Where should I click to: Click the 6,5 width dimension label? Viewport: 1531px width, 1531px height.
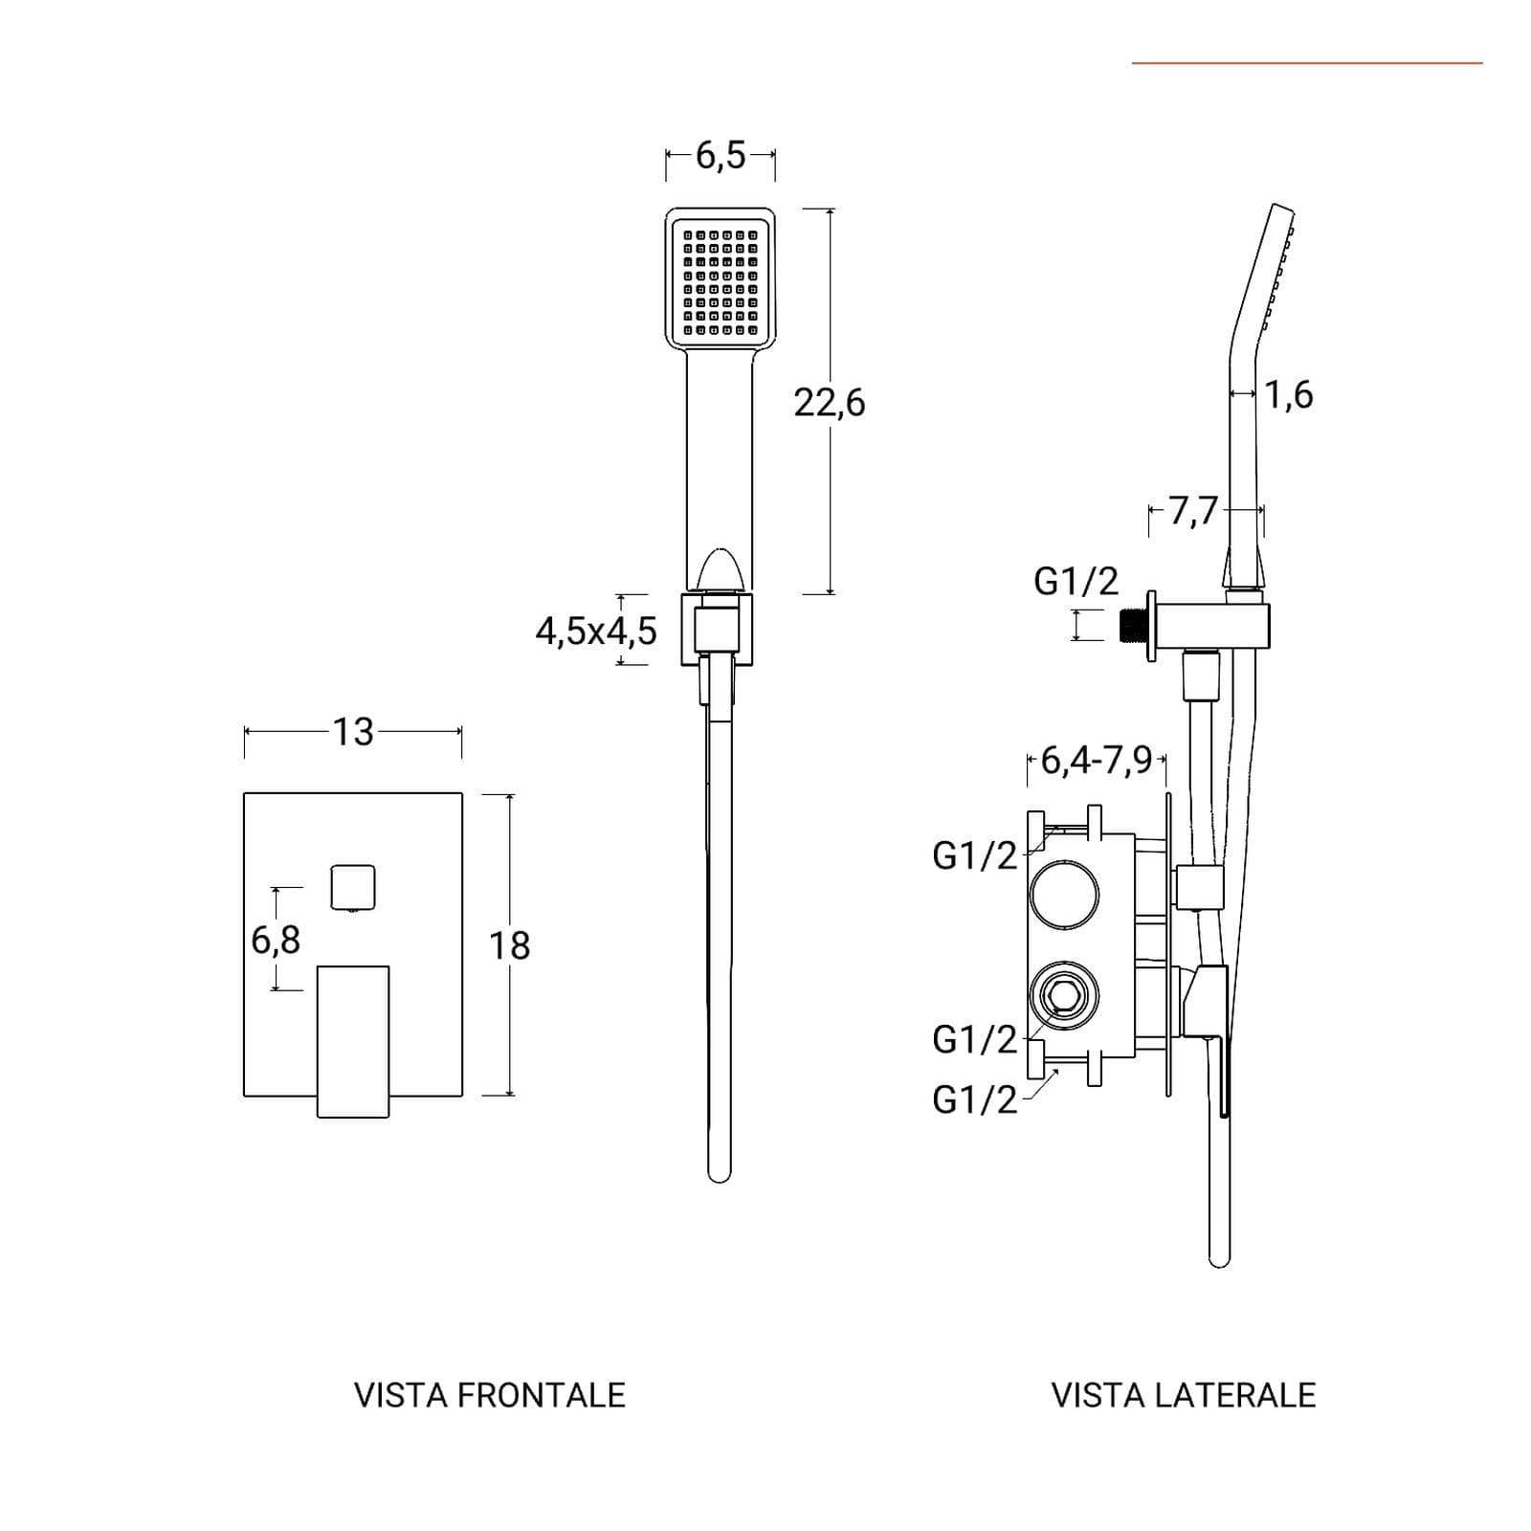coord(720,154)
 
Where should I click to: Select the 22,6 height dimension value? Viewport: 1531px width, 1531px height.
coord(829,403)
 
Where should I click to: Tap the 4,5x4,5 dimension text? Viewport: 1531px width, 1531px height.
coord(596,632)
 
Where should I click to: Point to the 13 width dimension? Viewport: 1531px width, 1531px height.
coord(353,732)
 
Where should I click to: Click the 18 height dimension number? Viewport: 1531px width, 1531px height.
coord(509,946)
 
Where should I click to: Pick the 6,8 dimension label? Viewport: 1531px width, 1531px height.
coord(276,941)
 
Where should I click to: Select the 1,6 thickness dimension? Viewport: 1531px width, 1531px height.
coord(1289,394)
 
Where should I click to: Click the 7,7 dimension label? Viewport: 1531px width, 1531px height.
coord(1193,511)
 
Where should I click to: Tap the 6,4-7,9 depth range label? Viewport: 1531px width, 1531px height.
coord(1097,762)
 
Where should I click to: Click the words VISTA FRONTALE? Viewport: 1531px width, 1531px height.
coord(490,1395)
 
